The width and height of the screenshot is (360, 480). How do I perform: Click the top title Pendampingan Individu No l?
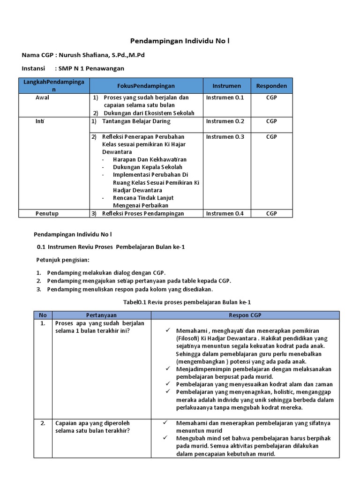point(180,41)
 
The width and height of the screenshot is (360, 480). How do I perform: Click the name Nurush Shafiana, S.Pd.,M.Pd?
point(101,55)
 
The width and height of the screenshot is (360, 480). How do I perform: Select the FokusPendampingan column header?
point(146,86)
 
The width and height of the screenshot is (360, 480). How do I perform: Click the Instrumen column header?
point(226,86)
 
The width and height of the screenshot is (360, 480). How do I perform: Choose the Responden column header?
point(271,86)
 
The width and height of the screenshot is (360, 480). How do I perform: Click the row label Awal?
point(42,97)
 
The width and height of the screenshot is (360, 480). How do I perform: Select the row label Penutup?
point(47,214)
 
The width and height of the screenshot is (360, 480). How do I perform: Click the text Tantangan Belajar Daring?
point(136,121)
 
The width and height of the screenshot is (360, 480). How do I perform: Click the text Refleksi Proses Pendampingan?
point(143,214)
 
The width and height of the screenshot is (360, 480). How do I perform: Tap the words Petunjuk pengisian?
point(63,259)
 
